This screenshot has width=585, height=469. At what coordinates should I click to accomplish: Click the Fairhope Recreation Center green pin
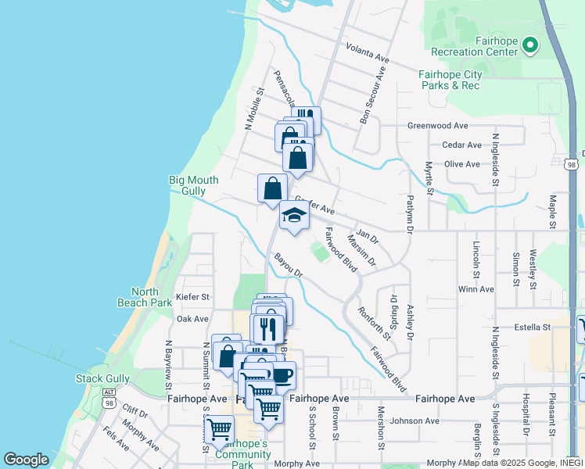click(x=530, y=45)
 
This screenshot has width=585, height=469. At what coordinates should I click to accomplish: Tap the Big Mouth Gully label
click(x=188, y=185)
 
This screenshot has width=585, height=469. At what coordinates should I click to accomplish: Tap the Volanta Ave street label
click(x=367, y=52)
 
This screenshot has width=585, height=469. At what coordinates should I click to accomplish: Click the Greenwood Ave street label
click(x=437, y=125)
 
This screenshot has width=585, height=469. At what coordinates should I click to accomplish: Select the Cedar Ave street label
click(x=461, y=145)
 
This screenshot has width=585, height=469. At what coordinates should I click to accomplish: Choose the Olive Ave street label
click(x=461, y=164)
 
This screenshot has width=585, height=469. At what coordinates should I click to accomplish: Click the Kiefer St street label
click(x=193, y=297)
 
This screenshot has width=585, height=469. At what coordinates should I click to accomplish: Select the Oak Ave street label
click(x=192, y=319)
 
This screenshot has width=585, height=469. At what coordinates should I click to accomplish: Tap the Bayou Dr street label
click(x=288, y=264)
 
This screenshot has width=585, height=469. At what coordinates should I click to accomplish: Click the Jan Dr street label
click(x=367, y=234)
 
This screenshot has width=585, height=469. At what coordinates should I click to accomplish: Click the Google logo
click(x=27, y=460)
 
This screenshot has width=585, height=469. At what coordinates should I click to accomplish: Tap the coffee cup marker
click(x=282, y=374)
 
